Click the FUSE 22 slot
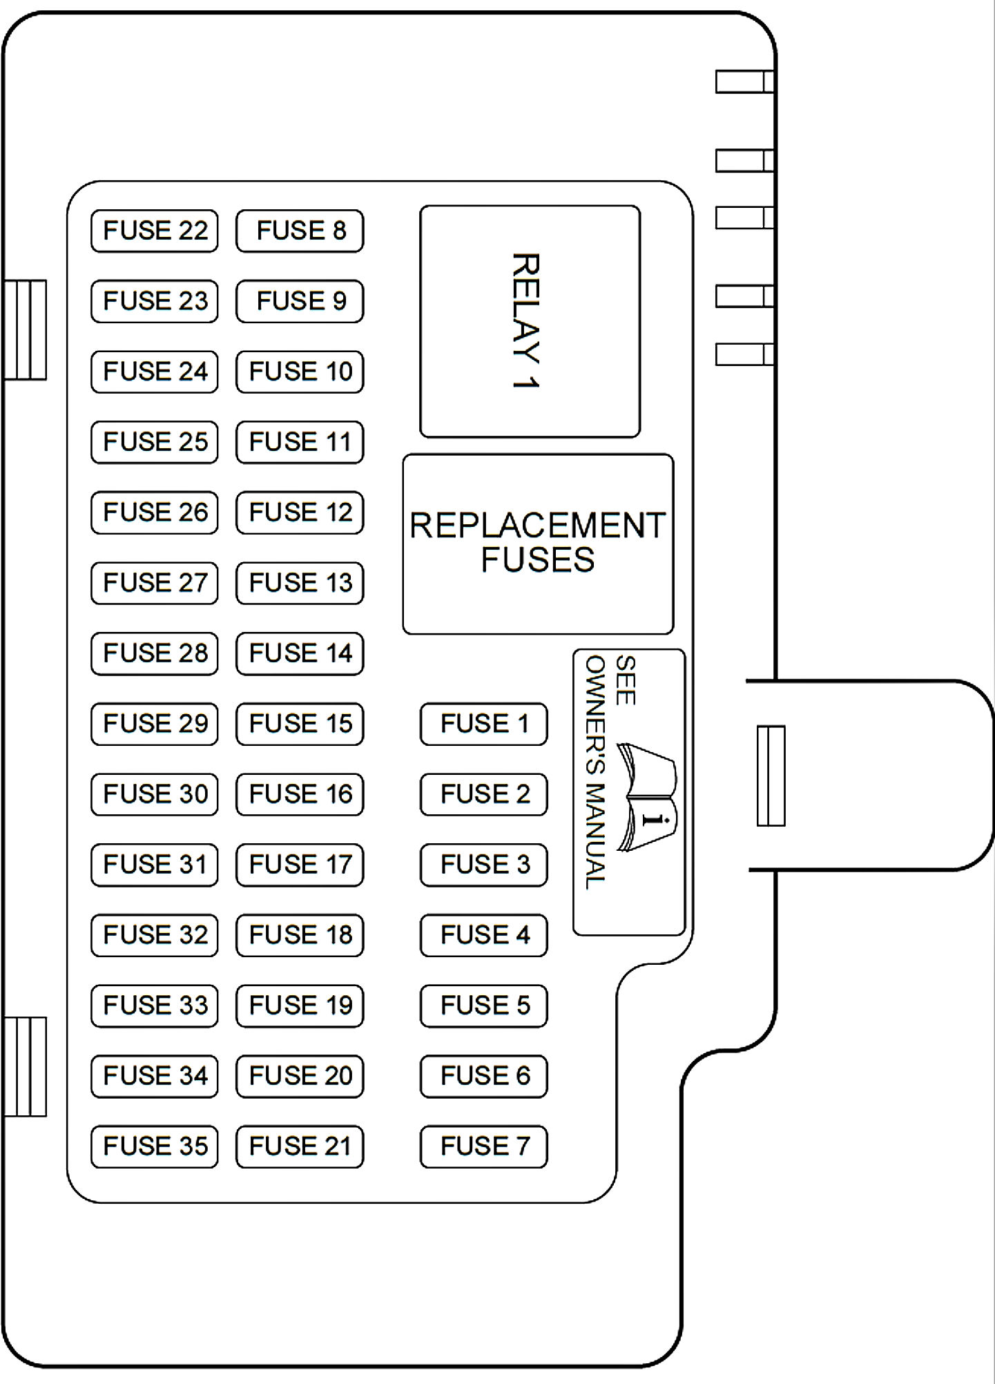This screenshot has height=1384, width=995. [155, 231]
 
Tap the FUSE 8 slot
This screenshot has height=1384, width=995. [300, 231]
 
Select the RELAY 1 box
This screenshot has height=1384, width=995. [530, 321]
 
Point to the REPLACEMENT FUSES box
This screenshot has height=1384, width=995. [538, 544]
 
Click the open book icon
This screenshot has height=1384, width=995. [647, 796]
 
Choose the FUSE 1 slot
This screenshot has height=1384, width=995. [483, 724]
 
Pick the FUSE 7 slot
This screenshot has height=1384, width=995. [483, 1146]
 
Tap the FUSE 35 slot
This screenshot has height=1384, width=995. [155, 1146]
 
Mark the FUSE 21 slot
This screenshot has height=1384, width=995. [300, 1146]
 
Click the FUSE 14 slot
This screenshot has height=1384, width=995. [300, 653]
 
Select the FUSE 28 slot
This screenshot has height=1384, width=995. [155, 653]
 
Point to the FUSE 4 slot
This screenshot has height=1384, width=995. [483, 935]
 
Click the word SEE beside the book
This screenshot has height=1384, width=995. [625, 680]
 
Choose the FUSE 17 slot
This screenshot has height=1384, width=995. [300, 865]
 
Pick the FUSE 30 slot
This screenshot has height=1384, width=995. [155, 794]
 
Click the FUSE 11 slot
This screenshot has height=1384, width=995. [300, 442]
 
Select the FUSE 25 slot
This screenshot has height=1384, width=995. [155, 442]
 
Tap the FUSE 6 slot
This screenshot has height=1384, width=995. [483, 1076]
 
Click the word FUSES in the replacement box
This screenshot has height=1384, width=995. [538, 560]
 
